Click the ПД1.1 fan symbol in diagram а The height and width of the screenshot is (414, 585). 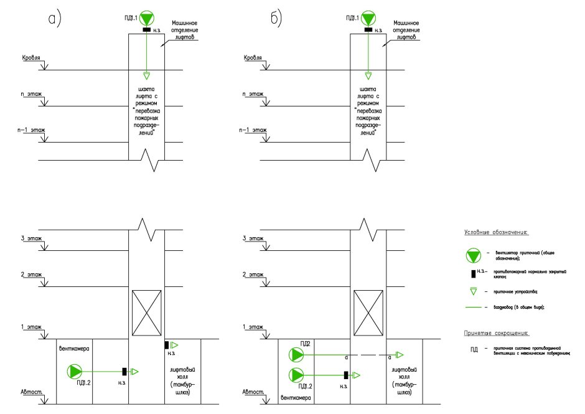pyautogui.click(x=146, y=17)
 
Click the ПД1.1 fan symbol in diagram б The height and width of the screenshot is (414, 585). pyautogui.click(x=368, y=17)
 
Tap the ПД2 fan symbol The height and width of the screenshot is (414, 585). pyautogui.click(x=296, y=355)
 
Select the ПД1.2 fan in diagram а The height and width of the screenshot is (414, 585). pyautogui.click(x=75, y=371)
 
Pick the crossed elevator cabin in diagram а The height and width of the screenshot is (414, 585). pyautogui.click(x=146, y=309)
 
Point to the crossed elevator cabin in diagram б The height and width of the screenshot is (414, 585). pyautogui.click(x=368, y=309)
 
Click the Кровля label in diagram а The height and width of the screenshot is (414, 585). pyautogui.click(x=31, y=58)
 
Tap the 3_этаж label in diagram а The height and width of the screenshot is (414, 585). pyautogui.click(x=31, y=238)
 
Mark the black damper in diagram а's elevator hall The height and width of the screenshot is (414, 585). pyautogui.click(x=167, y=344)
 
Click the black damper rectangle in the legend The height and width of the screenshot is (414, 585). pyautogui.click(x=474, y=273)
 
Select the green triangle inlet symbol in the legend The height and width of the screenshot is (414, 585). pyautogui.click(x=474, y=291)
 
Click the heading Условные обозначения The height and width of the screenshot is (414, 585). pyautogui.click(x=495, y=232)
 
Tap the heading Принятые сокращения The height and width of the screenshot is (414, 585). pyautogui.click(x=495, y=332)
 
